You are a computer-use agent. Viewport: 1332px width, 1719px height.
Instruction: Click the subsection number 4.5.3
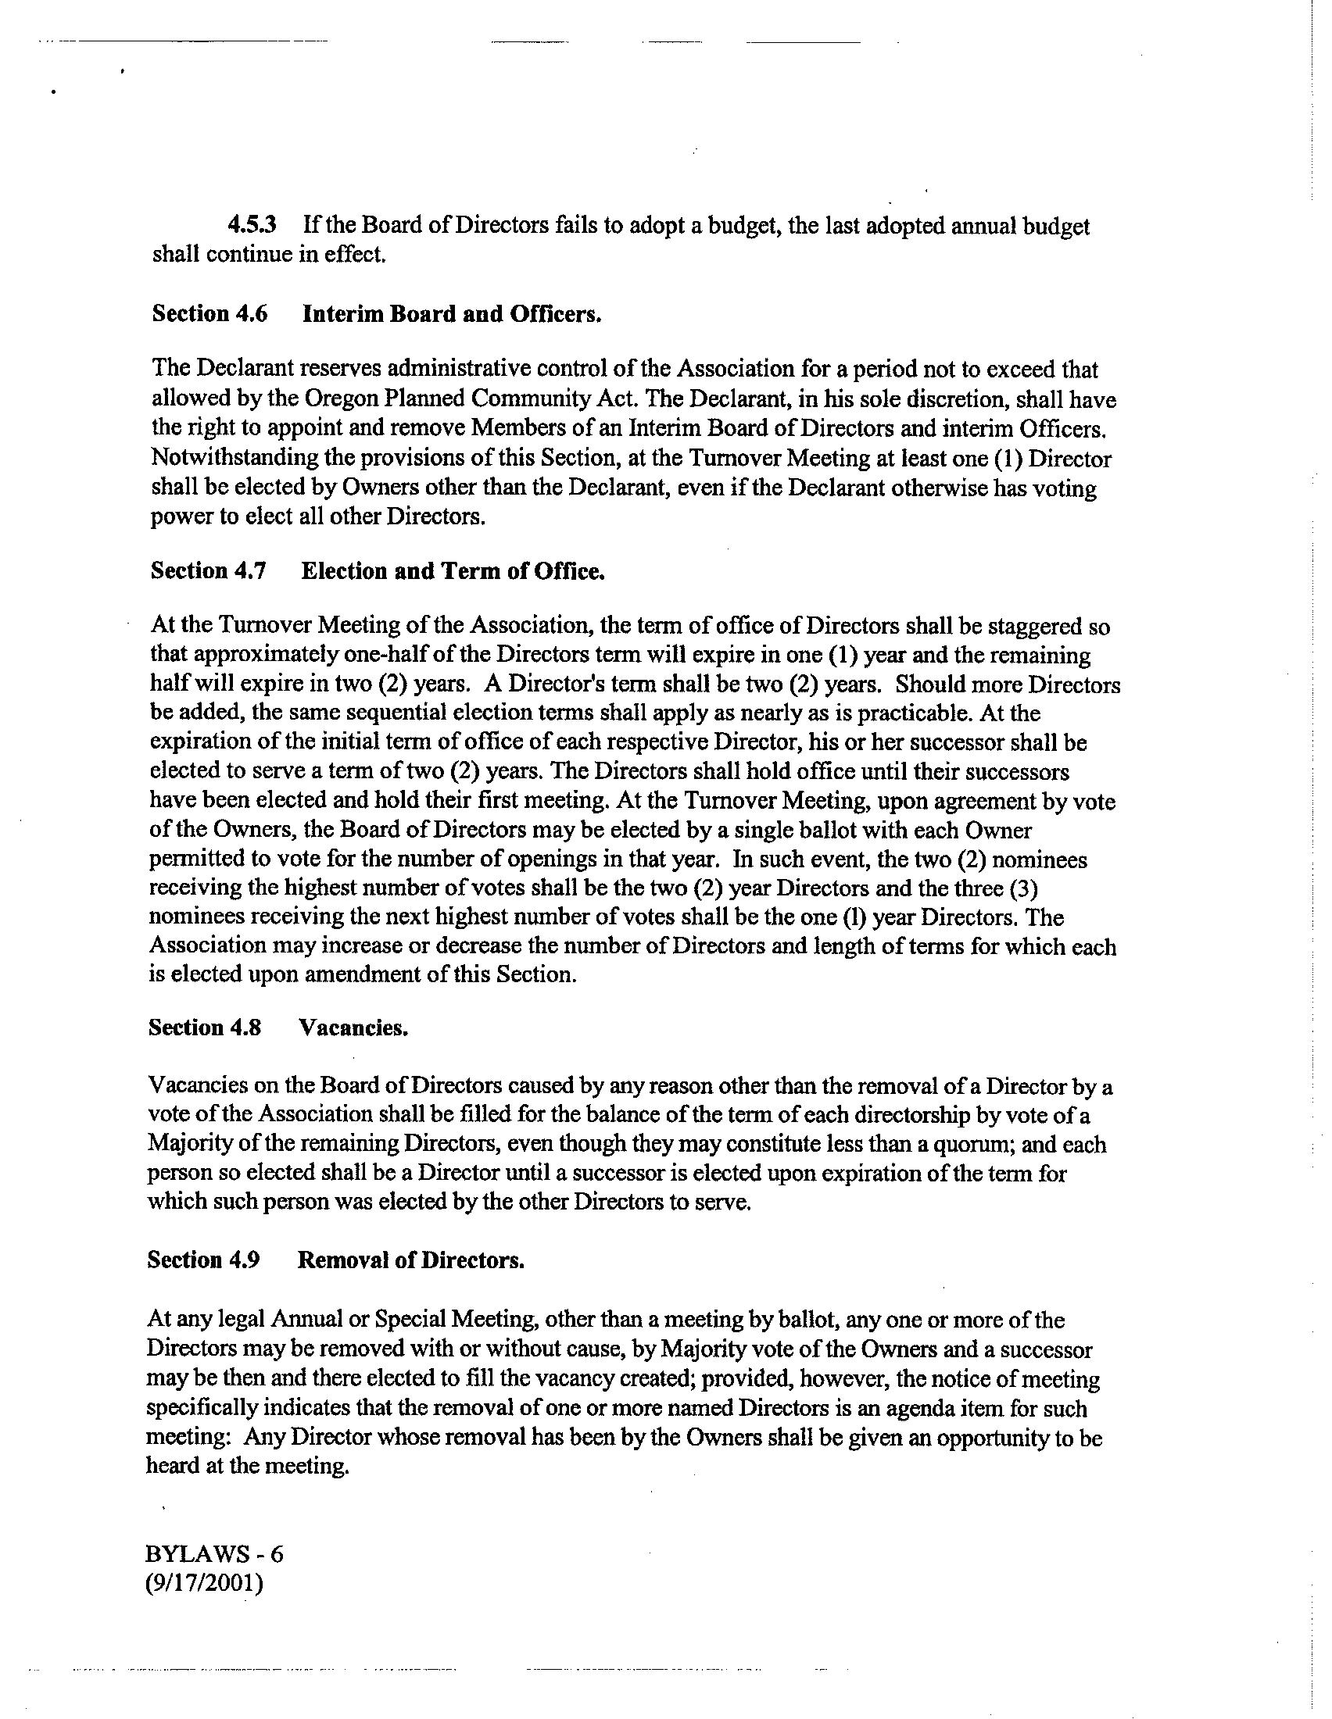252,227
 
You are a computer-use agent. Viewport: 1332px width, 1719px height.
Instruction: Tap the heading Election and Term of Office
453,570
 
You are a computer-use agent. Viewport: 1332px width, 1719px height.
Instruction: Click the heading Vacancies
353,1028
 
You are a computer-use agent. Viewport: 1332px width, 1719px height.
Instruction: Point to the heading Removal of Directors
410,1260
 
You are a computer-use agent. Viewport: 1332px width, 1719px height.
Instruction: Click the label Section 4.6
209,314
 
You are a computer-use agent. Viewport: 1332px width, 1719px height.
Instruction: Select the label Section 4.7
209,570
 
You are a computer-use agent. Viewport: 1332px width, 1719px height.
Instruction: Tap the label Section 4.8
205,1028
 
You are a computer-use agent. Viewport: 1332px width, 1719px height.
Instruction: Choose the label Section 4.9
203,1260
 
